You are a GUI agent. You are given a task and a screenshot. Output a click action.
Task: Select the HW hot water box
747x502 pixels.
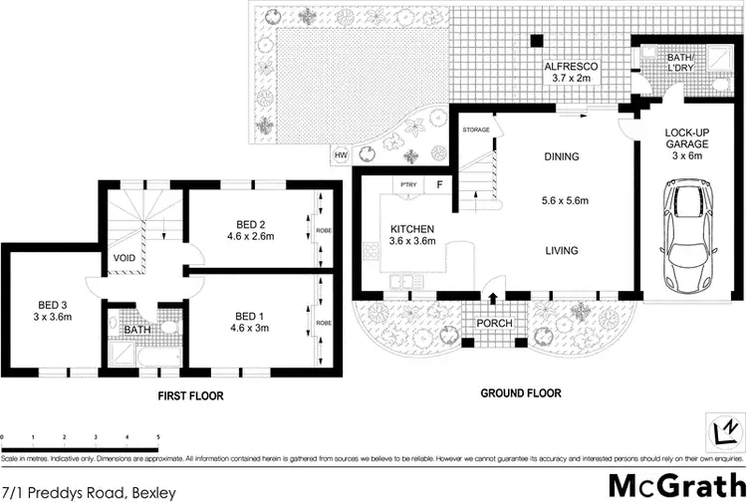[341, 155]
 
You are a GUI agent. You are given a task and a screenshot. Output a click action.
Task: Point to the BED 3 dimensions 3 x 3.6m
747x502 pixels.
[34, 317]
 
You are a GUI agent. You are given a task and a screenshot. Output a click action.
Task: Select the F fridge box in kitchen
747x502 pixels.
[437, 185]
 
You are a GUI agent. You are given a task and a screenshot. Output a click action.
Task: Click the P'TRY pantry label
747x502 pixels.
[407, 185]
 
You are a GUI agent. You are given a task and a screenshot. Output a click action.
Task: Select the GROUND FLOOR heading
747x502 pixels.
[522, 392]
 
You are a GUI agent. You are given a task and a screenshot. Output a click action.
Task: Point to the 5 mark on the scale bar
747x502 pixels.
[157, 436]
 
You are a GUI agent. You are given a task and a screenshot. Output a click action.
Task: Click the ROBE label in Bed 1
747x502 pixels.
[323, 324]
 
